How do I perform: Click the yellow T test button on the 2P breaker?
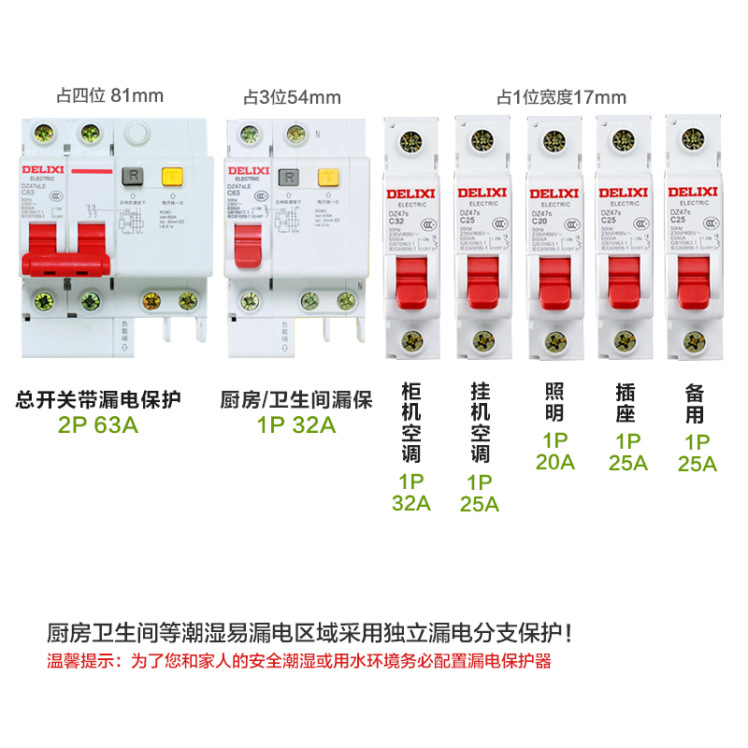pos(172,176)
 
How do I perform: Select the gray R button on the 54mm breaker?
pos(291,176)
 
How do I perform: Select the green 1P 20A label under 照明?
pos(555,451)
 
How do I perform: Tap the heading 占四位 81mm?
pos(109,95)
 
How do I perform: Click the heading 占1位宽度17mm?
pos(561,97)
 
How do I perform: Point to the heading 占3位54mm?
pos(292,97)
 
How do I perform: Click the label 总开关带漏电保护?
pos(99,401)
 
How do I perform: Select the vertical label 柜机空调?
pos(411,422)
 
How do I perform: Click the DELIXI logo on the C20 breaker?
pos(554,194)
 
